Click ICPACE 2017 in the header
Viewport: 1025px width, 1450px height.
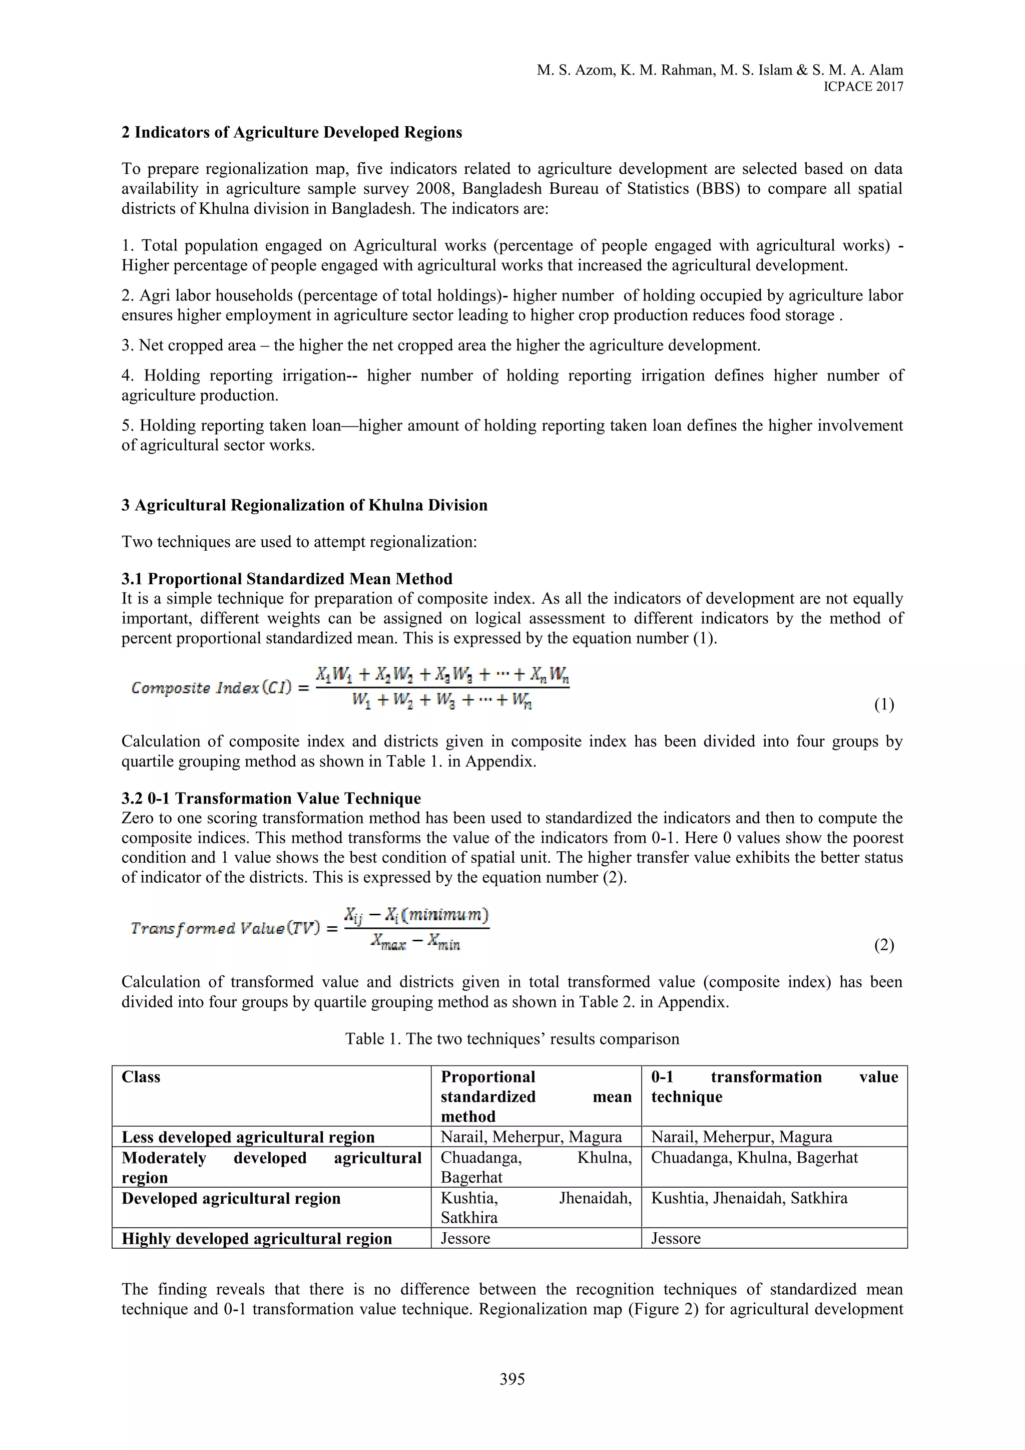(x=863, y=87)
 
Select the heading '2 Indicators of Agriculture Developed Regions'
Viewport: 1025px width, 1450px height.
(x=292, y=133)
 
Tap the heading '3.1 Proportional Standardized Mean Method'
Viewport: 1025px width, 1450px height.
(x=287, y=579)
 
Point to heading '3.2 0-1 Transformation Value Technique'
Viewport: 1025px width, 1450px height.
(x=271, y=798)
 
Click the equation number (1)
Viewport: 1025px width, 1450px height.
(x=884, y=705)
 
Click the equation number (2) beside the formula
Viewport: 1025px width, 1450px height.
(x=884, y=945)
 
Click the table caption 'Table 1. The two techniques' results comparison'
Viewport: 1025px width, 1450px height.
(x=512, y=1039)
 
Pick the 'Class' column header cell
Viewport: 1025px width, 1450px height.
(x=141, y=1077)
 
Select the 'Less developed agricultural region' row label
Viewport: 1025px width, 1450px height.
(x=248, y=1138)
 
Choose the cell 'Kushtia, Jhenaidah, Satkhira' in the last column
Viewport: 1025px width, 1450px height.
(x=749, y=1198)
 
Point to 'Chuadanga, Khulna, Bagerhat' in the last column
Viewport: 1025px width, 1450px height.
(x=754, y=1158)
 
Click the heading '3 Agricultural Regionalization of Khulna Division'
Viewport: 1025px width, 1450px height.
(x=305, y=505)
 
